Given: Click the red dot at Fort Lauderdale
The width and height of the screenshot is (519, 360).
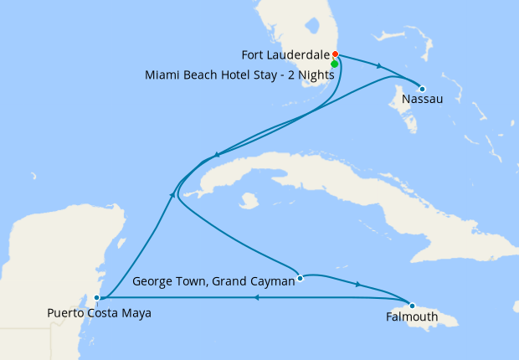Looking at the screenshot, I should (335, 55).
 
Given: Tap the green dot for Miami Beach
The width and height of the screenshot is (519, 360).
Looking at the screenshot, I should (335, 64).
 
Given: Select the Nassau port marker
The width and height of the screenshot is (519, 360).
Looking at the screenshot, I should (422, 89).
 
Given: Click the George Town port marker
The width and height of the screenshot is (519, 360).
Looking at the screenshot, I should (300, 279).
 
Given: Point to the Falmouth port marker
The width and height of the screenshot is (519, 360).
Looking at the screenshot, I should (412, 305).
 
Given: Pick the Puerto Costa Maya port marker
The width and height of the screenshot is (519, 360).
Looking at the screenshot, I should (98, 297).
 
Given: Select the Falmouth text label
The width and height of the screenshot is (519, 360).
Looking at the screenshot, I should (411, 317).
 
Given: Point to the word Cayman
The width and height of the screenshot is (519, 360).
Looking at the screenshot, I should (273, 282).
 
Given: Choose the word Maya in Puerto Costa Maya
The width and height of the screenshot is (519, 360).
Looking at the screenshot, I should (136, 313).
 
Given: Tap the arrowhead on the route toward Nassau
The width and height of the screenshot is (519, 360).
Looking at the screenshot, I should (381, 67).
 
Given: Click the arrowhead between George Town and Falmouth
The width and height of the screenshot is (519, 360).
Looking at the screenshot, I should (358, 285).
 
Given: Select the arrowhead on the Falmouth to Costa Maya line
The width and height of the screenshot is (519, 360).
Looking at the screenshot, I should (255, 297).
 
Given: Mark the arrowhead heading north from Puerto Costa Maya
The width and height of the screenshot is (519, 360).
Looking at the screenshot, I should (172, 194).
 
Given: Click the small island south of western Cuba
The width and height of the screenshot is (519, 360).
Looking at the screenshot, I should (247, 202).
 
